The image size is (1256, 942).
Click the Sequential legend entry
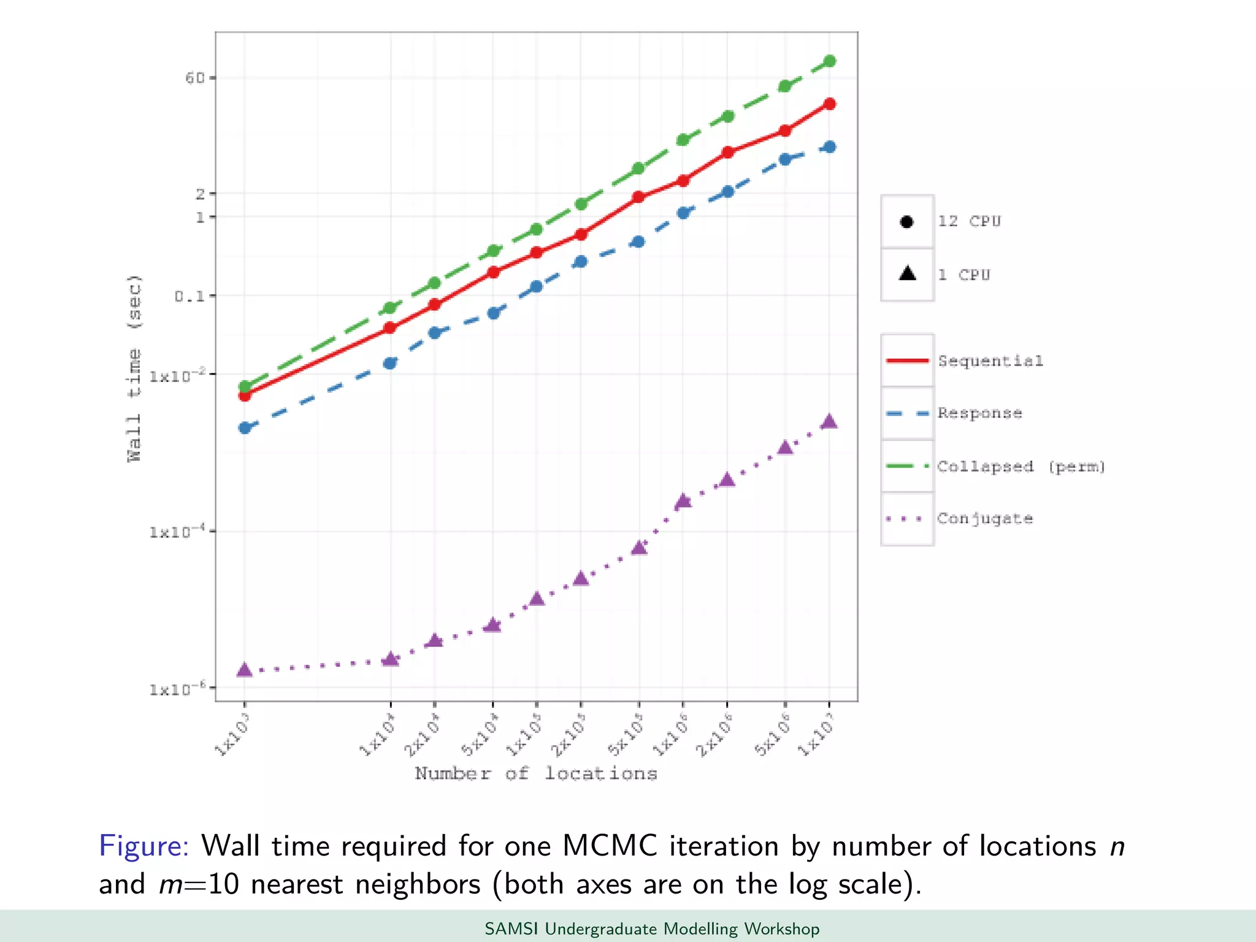click(x=990, y=361)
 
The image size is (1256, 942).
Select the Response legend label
click(x=979, y=413)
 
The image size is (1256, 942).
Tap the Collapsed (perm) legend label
click(x=1020, y=467)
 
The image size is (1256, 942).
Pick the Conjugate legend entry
click(x=984, y=519)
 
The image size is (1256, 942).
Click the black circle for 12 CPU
click(x=907, y=222)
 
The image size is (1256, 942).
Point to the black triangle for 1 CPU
click(x=907, y=274)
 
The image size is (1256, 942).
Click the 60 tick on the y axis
click(x=195, y=78)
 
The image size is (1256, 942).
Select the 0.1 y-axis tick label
click(x=189, y=296)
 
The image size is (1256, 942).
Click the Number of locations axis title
click(x=536, y=774)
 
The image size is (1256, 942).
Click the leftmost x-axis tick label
click(x=232, y=735)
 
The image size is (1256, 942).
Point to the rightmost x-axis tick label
click(x=816, y=735)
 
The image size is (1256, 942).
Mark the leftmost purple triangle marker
click(x=244, y=670)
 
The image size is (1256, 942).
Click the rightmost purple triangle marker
click(x=829, y=421)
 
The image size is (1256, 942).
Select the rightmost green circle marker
click(x=830, y=61)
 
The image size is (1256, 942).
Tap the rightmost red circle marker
click(x=830, y=104)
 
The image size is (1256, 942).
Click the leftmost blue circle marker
click(x=245, y=427)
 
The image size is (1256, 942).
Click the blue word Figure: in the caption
click(x=144, y=846)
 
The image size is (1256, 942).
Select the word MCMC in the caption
click(x=610, y=846)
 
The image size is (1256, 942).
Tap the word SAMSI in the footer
click(x=511, y=929)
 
